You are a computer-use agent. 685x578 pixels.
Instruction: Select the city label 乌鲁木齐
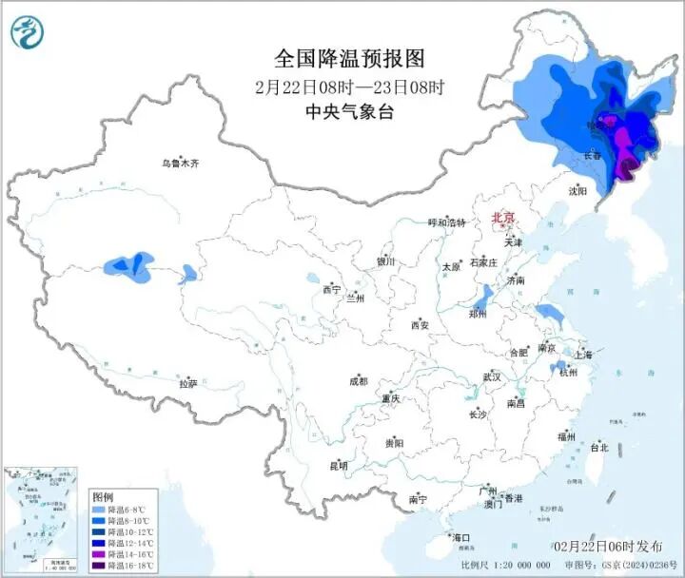pyautogui.click(x=180, y=164)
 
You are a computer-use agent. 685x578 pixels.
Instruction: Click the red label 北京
pyautogui.click(x=502, y=219)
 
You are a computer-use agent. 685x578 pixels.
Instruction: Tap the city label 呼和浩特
pyautogui.click(x=446, y=222)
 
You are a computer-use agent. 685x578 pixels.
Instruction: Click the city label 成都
pyautogui.click(x=358, y=381)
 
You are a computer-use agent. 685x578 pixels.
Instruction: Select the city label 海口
pyautogui.click(x=462, y=539)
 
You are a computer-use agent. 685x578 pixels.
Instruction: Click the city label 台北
pyautogui.click(x=598, y=447)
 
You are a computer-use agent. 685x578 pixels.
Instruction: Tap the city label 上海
pyautogui.click(x=582, y=355)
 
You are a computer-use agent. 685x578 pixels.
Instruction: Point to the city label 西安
pyautogui.click(x=420, y=325)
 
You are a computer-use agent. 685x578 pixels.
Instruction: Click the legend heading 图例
pyautogui.click(x=103, y=497)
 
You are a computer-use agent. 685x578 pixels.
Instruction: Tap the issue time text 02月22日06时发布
pyautogui.click(x=608, y=547)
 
